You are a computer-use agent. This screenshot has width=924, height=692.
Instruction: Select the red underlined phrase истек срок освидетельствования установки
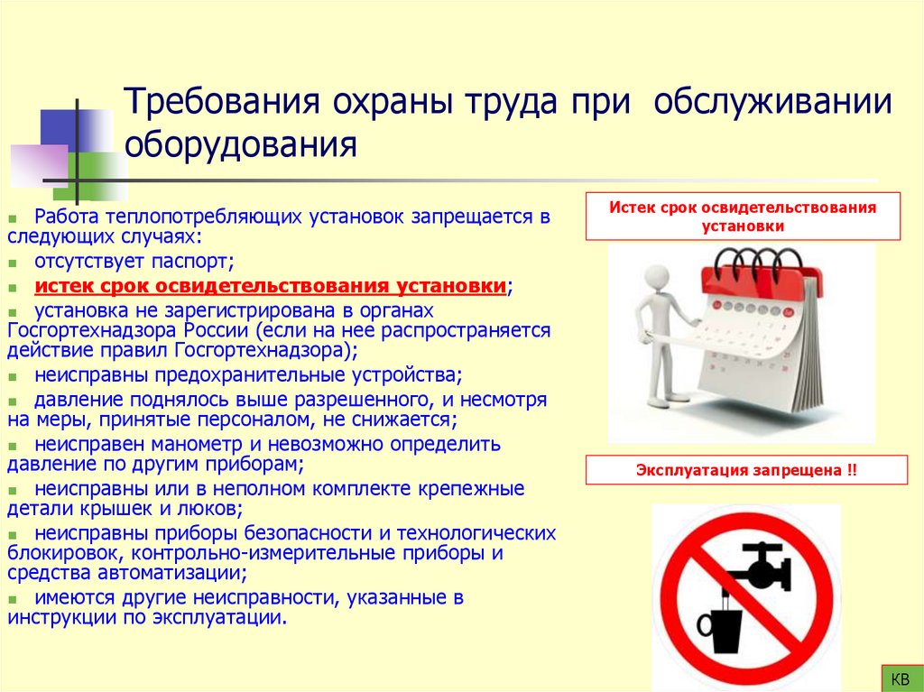tap(269, 286)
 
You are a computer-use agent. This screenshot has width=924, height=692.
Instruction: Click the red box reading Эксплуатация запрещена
tap(744, 471)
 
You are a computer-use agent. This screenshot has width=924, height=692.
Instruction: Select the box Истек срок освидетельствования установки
tap(743, 217)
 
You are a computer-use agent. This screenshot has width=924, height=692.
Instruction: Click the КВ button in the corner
tap(900, 678)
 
